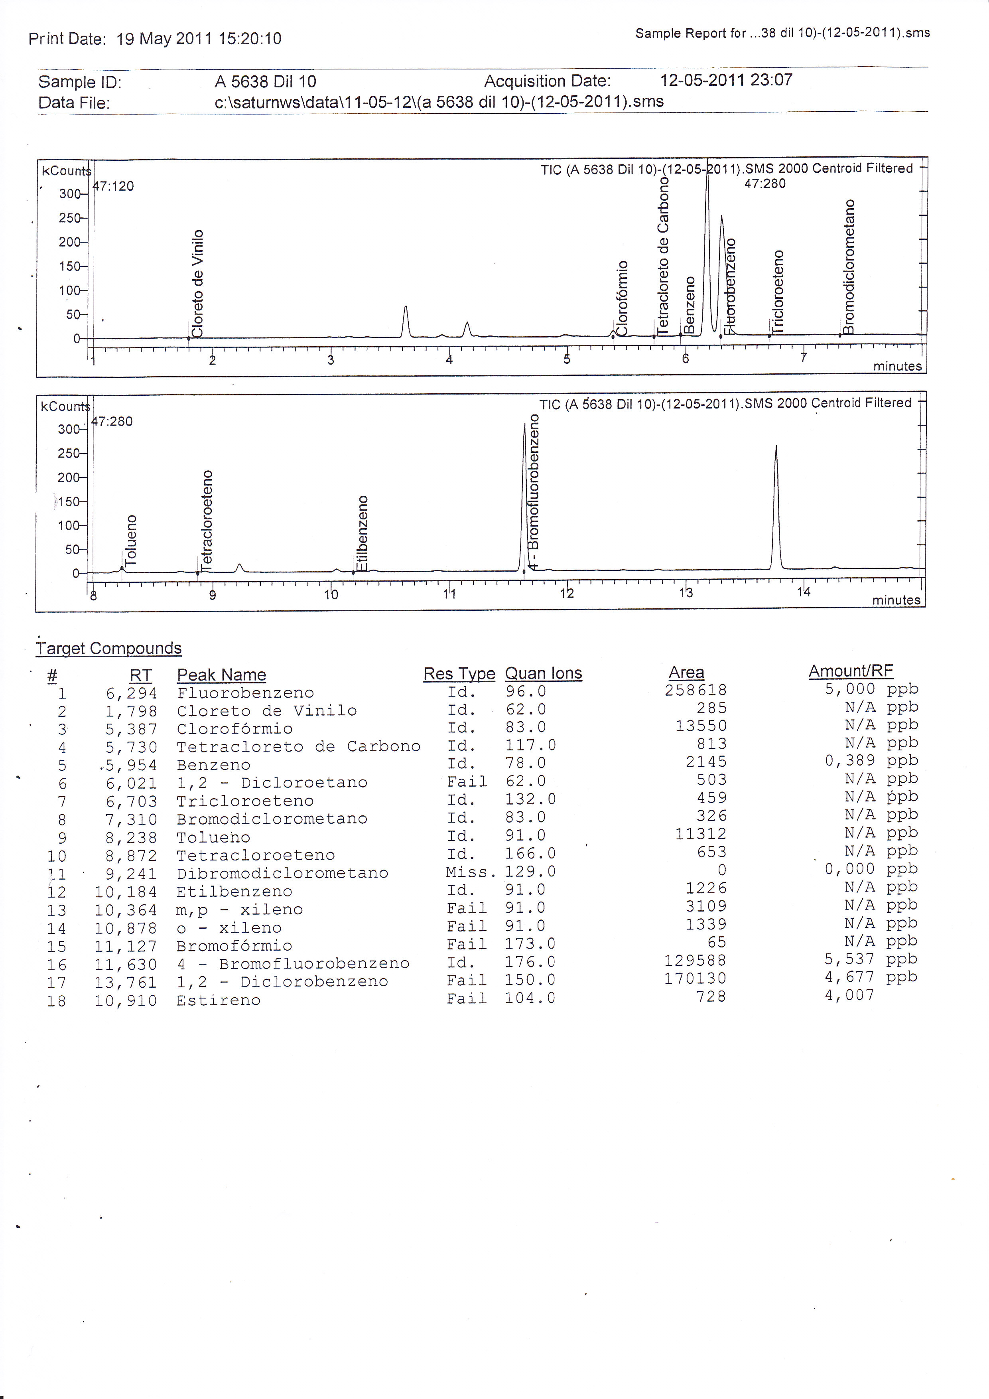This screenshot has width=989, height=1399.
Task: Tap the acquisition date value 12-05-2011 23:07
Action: click(x=726, y=80)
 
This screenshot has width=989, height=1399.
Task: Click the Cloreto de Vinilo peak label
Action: click(x=197, y=283)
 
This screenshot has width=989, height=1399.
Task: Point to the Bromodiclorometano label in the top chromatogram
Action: click(x=849, y=266)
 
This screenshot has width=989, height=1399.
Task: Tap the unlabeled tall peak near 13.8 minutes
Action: click(x=776, y=506)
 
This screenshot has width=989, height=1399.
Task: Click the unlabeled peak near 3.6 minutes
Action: click(x=406, y=320)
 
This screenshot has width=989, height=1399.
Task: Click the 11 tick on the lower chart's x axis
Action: click(x=449, y=594)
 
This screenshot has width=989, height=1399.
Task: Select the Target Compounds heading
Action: click(x=109, y=648)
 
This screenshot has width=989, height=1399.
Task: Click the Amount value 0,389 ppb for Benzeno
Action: click(x=871, y=760)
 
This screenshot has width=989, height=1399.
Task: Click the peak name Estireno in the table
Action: click(x=218, y=1000)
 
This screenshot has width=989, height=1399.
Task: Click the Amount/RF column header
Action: click(x=850, y=671)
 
